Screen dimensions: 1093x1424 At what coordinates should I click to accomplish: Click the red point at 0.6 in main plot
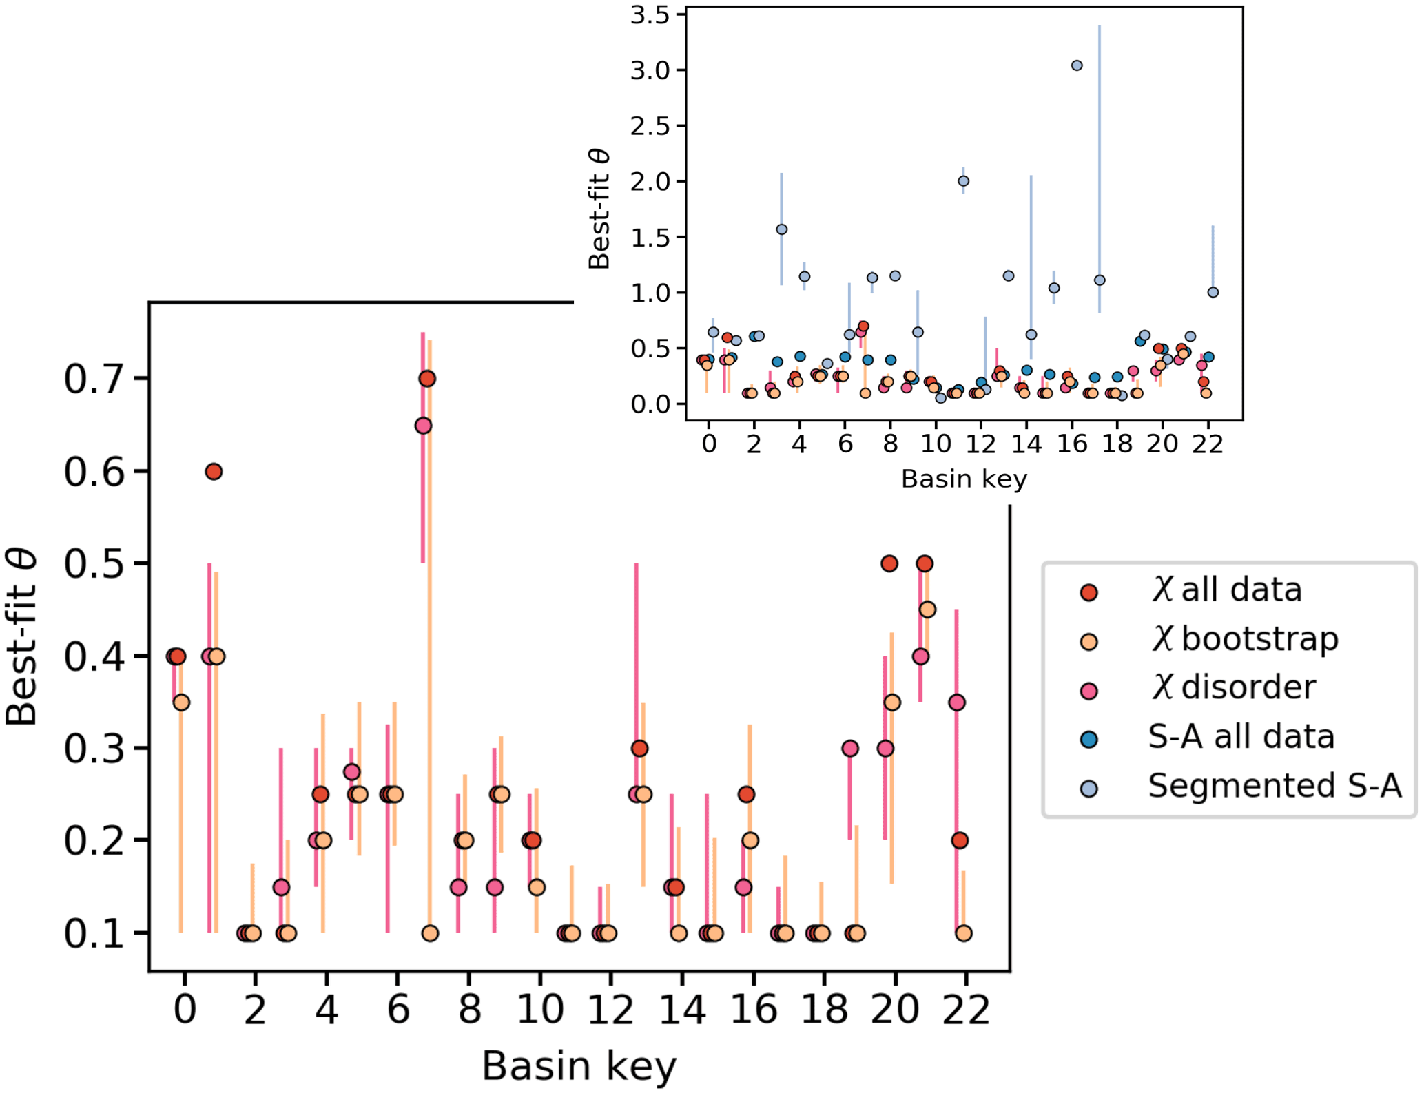pos(214,472)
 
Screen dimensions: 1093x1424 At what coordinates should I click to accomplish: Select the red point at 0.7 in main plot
pos(427,379)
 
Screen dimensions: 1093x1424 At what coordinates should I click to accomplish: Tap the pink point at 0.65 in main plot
pos(423,426)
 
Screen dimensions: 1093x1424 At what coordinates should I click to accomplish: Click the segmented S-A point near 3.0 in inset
pos(1077,65)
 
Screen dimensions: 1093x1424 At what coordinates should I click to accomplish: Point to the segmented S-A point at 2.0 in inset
pos(964,181)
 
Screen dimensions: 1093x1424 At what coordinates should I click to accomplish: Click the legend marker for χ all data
pos(1089,592)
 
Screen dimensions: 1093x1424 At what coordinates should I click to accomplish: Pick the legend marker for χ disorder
pos(1089,691)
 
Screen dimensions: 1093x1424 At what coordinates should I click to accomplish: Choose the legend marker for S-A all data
pos(1089,740)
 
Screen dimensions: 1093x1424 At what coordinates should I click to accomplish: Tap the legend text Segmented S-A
pos(1275,786)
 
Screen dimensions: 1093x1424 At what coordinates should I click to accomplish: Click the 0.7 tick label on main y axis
pos(94,379)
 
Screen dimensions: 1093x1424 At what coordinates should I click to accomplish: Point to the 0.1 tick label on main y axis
pos(94,934)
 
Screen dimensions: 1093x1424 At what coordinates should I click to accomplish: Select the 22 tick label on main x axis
pos(966,1010)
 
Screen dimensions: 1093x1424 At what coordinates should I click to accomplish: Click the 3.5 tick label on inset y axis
pos(650,15)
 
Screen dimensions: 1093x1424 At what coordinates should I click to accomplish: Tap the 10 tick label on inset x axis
pos(936,444)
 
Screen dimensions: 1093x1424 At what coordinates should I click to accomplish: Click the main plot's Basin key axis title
pos(579,1066)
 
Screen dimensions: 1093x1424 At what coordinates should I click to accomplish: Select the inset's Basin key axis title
pos(964,479)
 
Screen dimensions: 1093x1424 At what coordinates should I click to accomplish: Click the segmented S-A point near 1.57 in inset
pos(781,229)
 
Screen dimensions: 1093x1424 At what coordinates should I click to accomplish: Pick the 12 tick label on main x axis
pos(610,1010)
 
